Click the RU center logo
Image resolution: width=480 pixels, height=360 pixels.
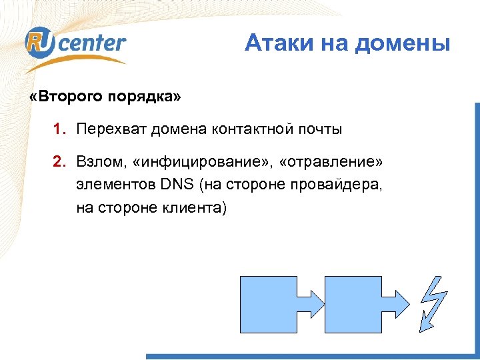click(x=75, y=44)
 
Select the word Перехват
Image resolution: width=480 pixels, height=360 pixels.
click(x=111, y=129)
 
